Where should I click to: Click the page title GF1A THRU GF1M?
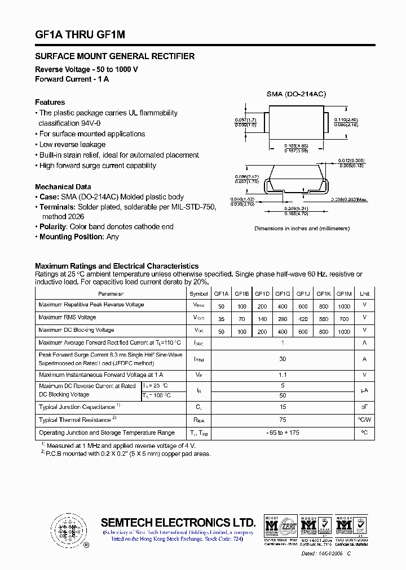pyautogui.click(x=80, y=35)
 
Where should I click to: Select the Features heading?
pyautogui.click(x=50, y=103)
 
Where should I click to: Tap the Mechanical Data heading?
pyautogui.click(x=63, y=187)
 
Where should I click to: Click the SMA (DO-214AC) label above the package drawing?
pyautogui.click(x=296, y=94)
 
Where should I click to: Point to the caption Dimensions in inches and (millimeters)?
pyautogui.click(x=302, y=229)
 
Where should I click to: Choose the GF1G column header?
pyautogui.click(x=283, y=293)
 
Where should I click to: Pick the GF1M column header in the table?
pyautogui.click(x=343, y=293)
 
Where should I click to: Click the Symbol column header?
pyautogui.click(x=198, y=293)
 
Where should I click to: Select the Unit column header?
pyautogui.click(x=364, y=293)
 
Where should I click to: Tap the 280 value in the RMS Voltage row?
pyautogui.click(x=283, y=318)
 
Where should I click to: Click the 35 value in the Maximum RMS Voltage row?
pyautogui.click(x=221, y=318)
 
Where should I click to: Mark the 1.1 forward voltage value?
pyautogui.click(x=283, y=375)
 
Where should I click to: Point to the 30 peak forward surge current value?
pyautogui.click(x=283, y=359)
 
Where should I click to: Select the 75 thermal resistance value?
pyautogui.click(x=283, y=420)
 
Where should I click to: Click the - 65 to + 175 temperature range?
pyautogui.click(x=283, y=433)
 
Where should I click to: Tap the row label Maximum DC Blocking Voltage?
pyautogui.click(x=76, y=331)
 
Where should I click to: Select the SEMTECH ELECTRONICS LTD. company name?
pyautogui.click(x=178, y=522)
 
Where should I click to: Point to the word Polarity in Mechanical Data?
pyautogui.click(x=53, y=226)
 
